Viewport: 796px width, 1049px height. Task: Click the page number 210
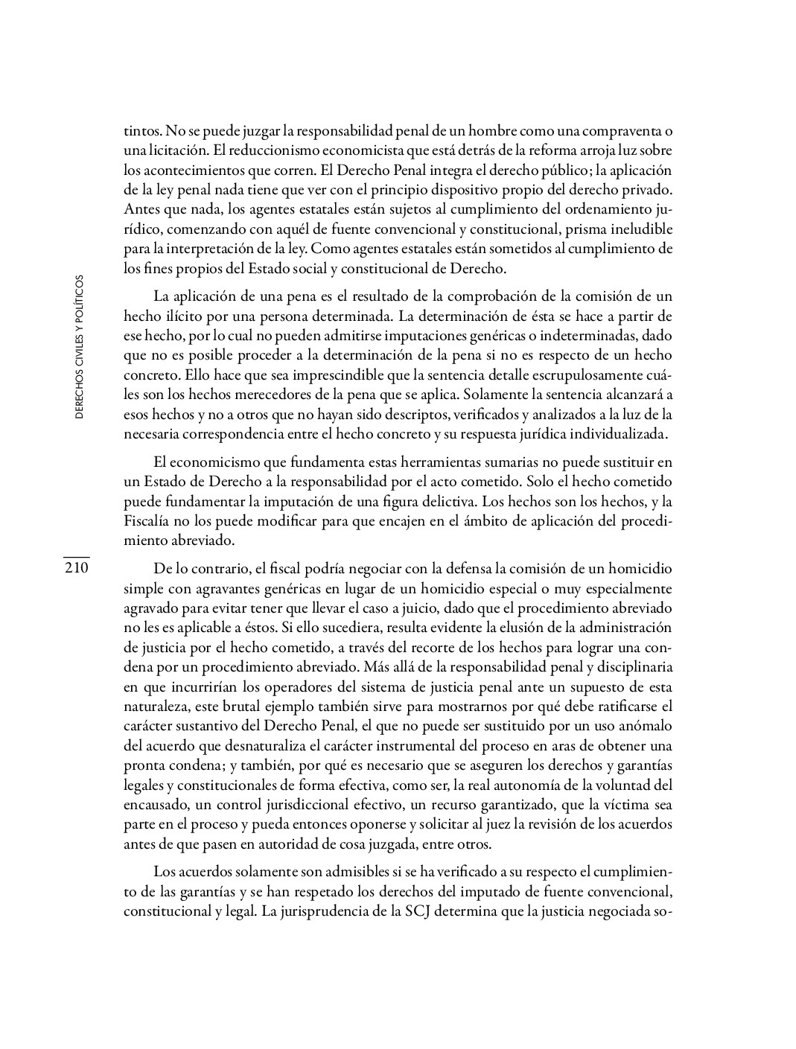pos(76,569)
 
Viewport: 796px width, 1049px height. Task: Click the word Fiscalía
pos(148,521)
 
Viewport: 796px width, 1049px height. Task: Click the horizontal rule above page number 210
pos(76,556)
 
